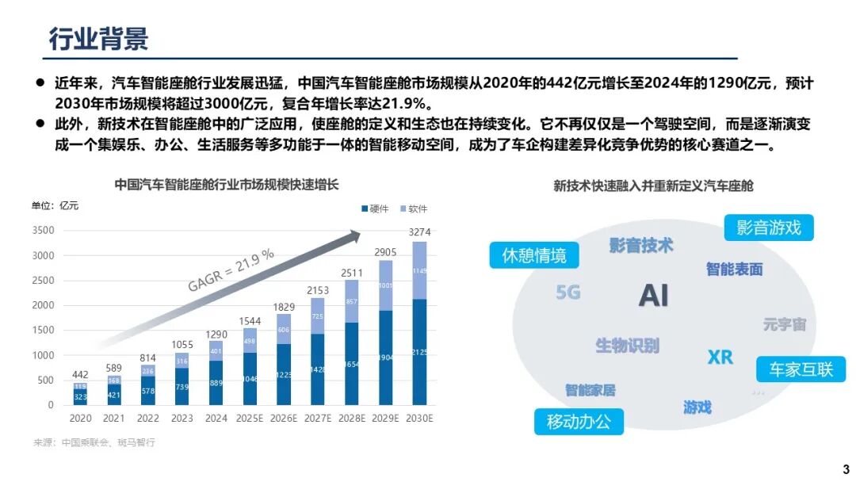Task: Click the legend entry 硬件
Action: pos(376,208)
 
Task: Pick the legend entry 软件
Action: pos(414,208)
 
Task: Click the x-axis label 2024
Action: pos(216,418)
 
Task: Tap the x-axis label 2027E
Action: pos(317,418)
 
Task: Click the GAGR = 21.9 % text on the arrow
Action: pos(231,270)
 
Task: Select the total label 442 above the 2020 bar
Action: pos(82,375)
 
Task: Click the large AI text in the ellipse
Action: pos(654,296)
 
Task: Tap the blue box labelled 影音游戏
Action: pos(768,228)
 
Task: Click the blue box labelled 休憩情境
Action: pos(534,255)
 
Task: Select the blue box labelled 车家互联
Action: pos(800,369)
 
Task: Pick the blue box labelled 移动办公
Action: pos(579,422)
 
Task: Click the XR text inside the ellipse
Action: pos(720,358)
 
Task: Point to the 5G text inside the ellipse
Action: pos(567,293)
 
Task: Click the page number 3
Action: pos(845,468)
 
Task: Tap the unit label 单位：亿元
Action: pos(55,206)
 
